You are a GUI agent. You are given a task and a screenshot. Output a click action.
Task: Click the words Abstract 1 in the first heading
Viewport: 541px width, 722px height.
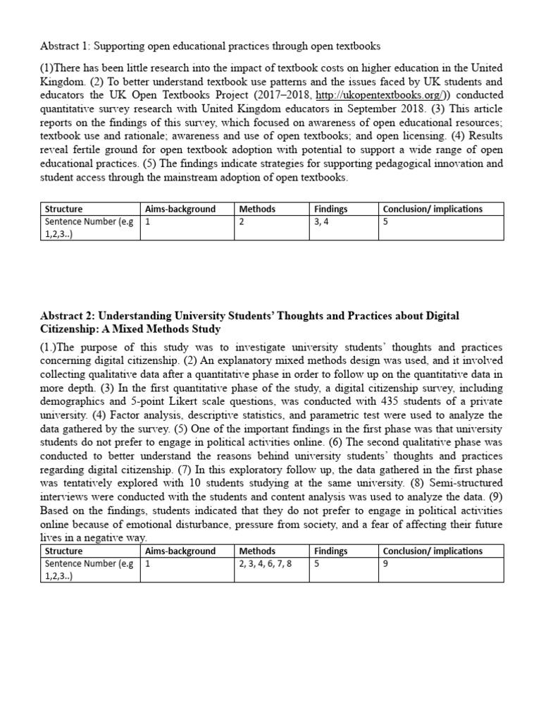click(x=66, y=47)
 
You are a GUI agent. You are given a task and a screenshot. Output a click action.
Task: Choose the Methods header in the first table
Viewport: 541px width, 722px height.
click(x=257, y=209)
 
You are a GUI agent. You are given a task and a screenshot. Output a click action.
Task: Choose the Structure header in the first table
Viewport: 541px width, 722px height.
click(x=63, y=209)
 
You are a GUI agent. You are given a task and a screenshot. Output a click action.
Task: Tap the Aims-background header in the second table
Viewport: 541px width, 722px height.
click(x=180, y=551)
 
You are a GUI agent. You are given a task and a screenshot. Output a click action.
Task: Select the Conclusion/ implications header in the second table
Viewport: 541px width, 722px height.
click(x=433, y=551)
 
